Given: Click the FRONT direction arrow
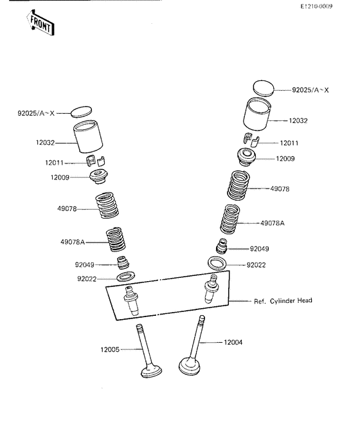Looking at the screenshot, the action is pyautogui.click(x=40, y=23).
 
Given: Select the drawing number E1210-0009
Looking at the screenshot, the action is pyautogui.click(x=316, y=6).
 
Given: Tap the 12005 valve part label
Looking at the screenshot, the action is pyautogui.click(x=110, y=350).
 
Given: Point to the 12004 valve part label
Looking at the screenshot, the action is pyautogui.click(x=233, y=342).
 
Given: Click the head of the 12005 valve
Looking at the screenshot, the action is pyautogui.click(x=152, y=371).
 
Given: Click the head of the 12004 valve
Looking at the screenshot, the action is pyautogui.click(x=190, y=366).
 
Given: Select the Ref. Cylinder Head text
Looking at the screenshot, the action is pyautogui.click(x=283, y=301).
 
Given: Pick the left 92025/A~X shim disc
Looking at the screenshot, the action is pyautogui.click(x=81, y=111).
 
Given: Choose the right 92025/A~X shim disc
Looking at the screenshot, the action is pyautogui.click(x=264, y=88).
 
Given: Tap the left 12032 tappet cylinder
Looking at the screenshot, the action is pyautogui.click(x=88, y=136).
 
